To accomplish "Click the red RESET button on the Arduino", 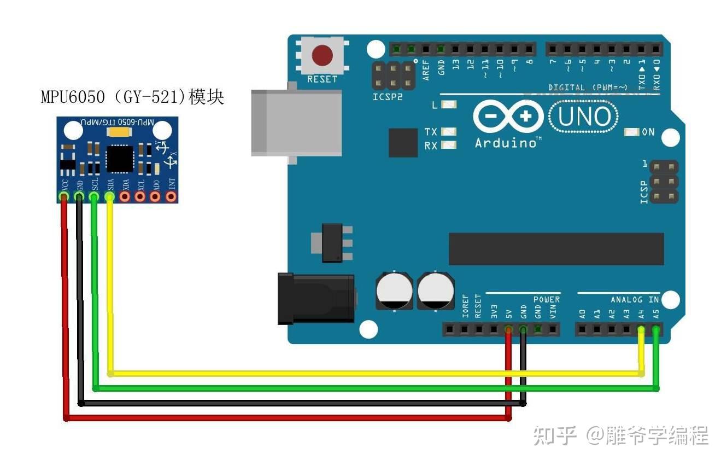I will click(323, 55).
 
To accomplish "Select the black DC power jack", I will click(316, 298).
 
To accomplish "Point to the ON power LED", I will click(632, 132).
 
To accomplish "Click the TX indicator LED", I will click(449, 132).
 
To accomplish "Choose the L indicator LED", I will click(449, 104).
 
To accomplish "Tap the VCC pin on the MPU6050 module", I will click(65, 196).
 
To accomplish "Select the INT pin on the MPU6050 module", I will click(172, 196).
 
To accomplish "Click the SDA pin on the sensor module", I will click(110, 196).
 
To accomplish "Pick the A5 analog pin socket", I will click(655, 329).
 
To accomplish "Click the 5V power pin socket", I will click(508, 329).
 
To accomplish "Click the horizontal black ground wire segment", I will click(301, 403).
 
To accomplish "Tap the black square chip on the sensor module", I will click(119, 159).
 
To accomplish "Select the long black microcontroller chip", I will click(556, 249).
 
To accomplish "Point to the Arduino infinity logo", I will click(508, 117).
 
